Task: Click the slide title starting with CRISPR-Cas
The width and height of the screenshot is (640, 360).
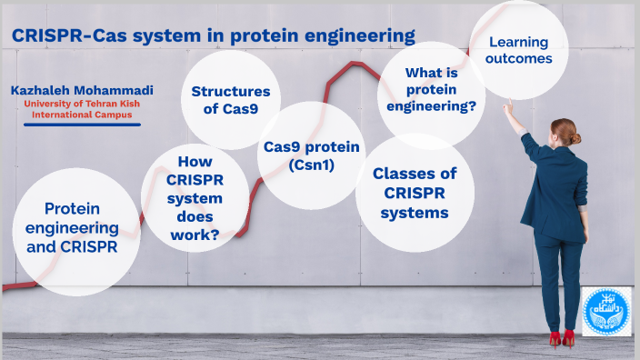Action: pos(213,35)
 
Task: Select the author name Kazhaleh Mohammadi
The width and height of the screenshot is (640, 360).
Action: pos(82,91)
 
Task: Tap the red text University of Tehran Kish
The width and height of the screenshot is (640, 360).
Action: pos(82,104)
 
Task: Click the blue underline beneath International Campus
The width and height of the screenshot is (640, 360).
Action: pos(82,124)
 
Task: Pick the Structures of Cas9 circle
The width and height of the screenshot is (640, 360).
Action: pos(231,100)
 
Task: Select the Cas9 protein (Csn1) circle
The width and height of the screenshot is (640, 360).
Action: pos(312,155)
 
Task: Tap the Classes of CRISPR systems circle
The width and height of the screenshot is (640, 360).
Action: pos(415,193)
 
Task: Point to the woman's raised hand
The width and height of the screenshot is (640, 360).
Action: pos(507,106)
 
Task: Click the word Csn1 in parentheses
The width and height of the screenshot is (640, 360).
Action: pos(312,165)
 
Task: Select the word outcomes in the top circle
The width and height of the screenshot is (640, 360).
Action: pos(520,59)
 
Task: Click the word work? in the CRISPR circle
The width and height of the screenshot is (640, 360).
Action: pos(196,235)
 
